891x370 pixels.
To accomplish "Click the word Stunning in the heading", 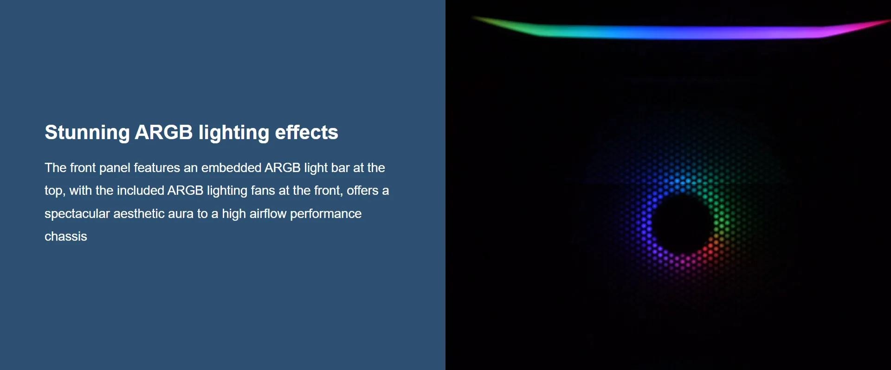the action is (x=87, y=133).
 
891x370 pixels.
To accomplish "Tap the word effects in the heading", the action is (x=306, y=132).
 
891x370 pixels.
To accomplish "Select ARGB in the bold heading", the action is (x=163, y=132).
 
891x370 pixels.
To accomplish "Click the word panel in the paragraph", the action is (x=115, y=168).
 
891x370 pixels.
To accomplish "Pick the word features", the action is (x=157, y=167).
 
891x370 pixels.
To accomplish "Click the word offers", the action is (x=362, y=190).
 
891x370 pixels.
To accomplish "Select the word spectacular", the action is (x=77, y=214).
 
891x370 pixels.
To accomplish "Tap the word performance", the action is (x=326, y=214).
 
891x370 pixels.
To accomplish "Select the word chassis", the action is (x=66, y=236).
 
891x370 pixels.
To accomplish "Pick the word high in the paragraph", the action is (x=234, y=214).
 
